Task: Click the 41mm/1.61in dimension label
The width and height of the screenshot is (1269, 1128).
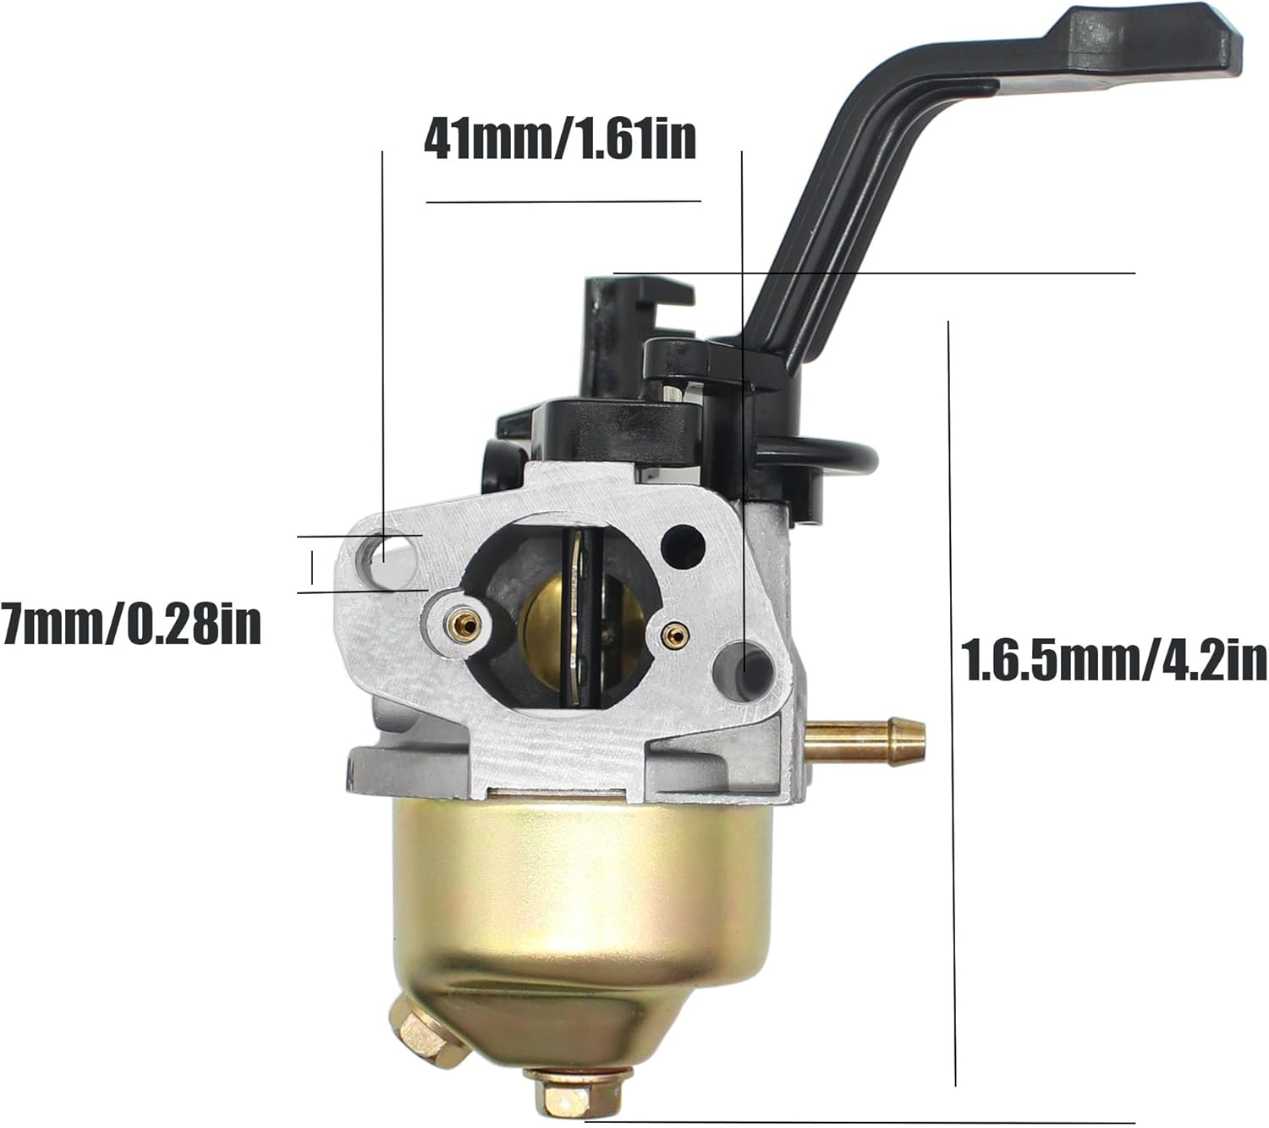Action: pos(559,140)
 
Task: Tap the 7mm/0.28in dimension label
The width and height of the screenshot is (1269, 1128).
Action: pos(131,625)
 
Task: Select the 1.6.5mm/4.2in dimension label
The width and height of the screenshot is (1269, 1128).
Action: pos(1114,660)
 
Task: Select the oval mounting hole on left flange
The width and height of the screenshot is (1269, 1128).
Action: pos(382,558)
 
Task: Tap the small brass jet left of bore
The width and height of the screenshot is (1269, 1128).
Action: pos(464,625)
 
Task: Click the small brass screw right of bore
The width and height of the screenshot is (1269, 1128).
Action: pos(674,634)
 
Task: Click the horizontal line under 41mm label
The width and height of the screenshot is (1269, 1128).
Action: pos(563,201)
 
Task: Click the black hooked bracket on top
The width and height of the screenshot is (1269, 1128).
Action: pos(626,317)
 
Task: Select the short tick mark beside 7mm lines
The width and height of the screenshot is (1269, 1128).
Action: pos(312,566)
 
